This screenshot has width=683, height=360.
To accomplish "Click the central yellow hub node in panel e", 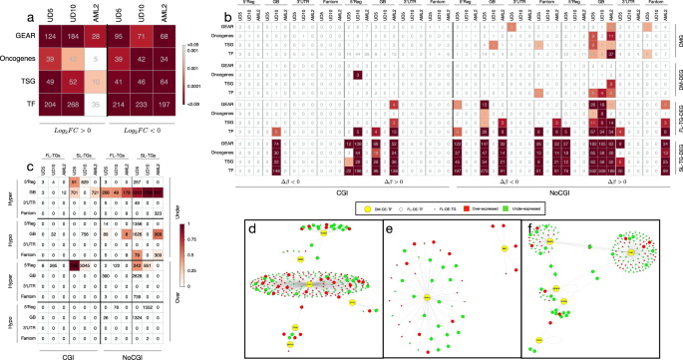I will coord(426,298).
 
